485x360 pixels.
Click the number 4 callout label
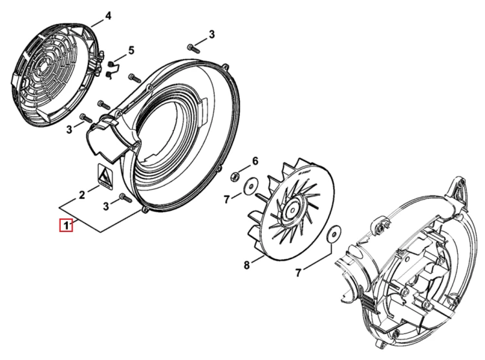[107, 16]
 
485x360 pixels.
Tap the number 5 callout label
[131, 50]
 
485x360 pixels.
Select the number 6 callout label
[255, 161]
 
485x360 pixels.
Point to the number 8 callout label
[246, 265]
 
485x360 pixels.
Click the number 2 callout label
[81, 195]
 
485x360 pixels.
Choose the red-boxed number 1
[66, 225]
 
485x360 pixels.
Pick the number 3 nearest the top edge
[211, 34]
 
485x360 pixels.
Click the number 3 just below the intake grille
[69, 129]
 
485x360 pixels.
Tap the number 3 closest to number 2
[106, 206]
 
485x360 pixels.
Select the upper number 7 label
[227, 200]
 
